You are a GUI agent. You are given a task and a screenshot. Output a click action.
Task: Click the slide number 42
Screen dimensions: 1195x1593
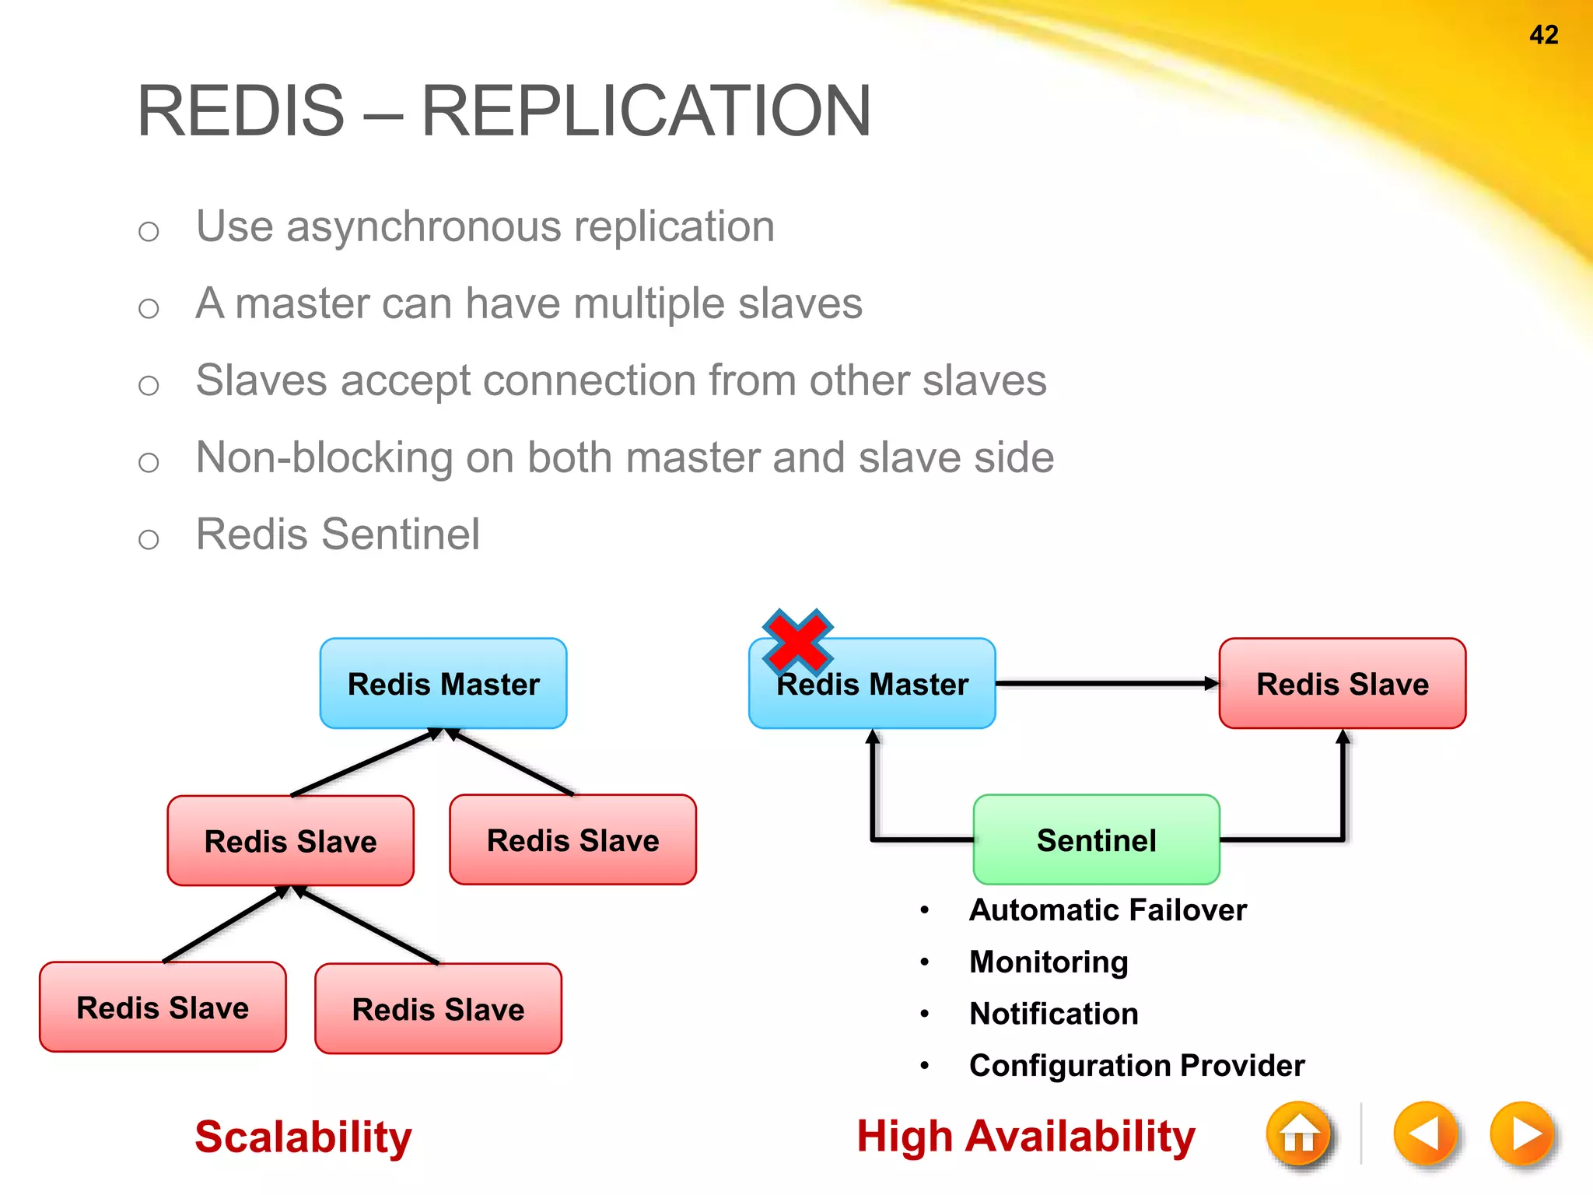(1543, 35)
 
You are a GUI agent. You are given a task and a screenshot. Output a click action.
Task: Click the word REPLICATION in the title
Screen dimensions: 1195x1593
(646, 111)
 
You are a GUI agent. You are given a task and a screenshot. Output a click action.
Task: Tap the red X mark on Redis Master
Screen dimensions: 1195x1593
(798, 641)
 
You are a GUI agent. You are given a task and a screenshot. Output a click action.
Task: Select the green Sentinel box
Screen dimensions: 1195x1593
(1096, 840)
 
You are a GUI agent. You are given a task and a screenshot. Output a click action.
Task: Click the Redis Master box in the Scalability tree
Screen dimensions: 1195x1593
(443, 684)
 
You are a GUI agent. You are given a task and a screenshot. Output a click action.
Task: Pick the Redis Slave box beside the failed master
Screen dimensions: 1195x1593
(1343, 684)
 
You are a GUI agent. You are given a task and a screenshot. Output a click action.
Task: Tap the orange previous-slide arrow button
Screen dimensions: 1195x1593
(1425, 1134)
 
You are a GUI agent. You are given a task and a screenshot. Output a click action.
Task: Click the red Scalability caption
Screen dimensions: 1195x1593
(303, 1137)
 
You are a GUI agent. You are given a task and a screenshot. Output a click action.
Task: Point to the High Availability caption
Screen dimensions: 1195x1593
(1025, 1137)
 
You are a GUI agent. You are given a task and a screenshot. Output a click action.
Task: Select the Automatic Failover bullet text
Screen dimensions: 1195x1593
(1108, 910)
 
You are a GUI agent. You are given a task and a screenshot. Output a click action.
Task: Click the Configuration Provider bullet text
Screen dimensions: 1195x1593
(1136, 1066)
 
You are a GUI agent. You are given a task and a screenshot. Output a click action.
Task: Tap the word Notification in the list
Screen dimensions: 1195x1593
(1053, 1014)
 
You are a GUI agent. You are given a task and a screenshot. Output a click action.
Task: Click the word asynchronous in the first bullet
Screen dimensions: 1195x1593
(424, 227)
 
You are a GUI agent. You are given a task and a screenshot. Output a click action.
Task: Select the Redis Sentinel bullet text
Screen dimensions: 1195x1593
(338, 534)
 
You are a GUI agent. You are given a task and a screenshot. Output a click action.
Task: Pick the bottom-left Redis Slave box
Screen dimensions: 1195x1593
(163, 1008)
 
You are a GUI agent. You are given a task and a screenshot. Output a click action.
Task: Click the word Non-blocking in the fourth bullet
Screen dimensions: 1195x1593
(324, 457)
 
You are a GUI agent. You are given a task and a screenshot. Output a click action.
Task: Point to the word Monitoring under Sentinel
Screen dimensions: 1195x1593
(1049, 962)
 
